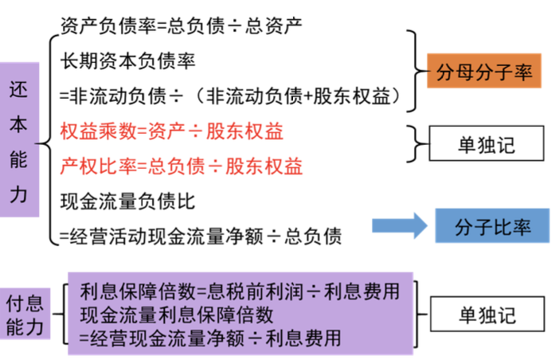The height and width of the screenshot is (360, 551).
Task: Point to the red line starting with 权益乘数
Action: click(172, 131)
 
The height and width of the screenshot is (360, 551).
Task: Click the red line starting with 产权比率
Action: click(181, 166)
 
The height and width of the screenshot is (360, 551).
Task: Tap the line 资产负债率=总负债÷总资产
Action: click(178, 25)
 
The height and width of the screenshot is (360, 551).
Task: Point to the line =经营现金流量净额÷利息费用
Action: click(212, 337)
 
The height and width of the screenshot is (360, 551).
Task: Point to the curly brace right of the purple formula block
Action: click(421, 312)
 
